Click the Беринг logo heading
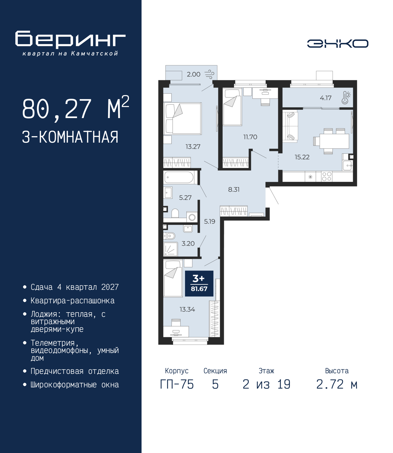pyautogui.click(x=70, y=40)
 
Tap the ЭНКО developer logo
pyautogui.click(x=337, y=43)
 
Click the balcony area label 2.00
pyautogui.click(x=193, y=74)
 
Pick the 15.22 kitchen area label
pyautogui.click(x=302, y=157)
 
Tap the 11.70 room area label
pyautogui.click(x=250, y=137)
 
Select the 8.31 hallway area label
pyautogui.click(x=234, y=189)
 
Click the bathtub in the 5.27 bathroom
pyautogui.click(x=179, y=177)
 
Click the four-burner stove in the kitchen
pyautogui.click(x=326, y=176)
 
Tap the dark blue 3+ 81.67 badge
pyautogui.click(x=199, y=284)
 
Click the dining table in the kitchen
pyautogui.click(x=334, y=141)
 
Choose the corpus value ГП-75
pyautogui.click(x=177, y=384)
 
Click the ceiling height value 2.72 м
pyautogui.click(x=337, y=384)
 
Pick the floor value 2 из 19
pyautogui.click(x=267, y=384)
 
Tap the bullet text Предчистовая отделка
pyautogui.click(x=75, y=371)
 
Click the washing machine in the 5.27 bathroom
pyautogui.click(x=192, y=217)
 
